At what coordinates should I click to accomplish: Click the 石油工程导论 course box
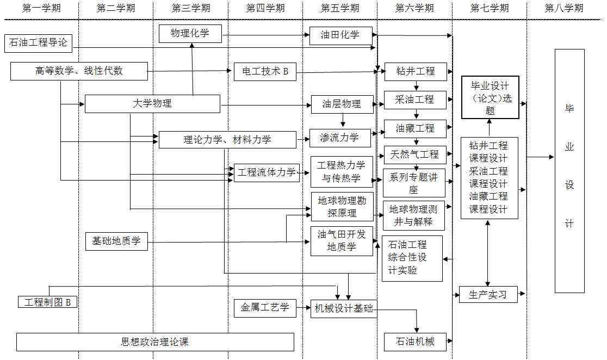(x=38, y=42)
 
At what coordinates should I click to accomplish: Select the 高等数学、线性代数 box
(x=79, y=71)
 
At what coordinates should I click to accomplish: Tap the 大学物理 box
(x=152, y=103)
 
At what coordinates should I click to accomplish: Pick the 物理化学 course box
(x=190, y=34)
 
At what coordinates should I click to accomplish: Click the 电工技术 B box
(x=265, y=71)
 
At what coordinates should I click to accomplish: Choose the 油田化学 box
(x=341, y=35)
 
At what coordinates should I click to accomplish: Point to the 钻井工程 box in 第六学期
(x=415, y=71)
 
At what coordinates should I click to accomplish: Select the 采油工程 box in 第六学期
(x=415, y=100)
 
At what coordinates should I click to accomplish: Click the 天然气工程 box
(x=415, y=154)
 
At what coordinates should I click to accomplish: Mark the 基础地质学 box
(x=116, y=241)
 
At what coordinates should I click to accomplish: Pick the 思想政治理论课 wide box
(x=155, y=342)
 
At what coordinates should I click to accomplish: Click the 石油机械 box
(x=415, y=342)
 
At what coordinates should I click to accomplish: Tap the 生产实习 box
(x=487, y=294)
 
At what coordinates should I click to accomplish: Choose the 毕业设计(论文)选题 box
(x=490, y=97)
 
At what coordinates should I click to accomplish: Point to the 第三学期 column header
(x=190, y=8)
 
